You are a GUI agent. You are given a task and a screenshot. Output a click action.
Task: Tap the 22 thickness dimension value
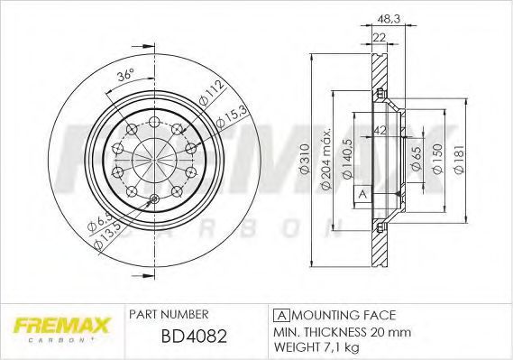[x=380, y=37]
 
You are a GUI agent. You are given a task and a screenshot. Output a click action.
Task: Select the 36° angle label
[x=125, y=76]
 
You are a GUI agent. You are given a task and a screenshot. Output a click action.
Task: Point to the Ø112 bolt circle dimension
[x=212, y=93]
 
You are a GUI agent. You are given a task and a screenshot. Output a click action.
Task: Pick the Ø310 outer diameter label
[x=304, y=158]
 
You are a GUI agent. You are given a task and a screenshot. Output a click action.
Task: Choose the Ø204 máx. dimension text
[x=326, y=158]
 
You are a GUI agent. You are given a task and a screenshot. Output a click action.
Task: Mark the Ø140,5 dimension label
[x=347, y=159]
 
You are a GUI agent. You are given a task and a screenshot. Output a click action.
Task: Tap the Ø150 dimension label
[x=437, y=159]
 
